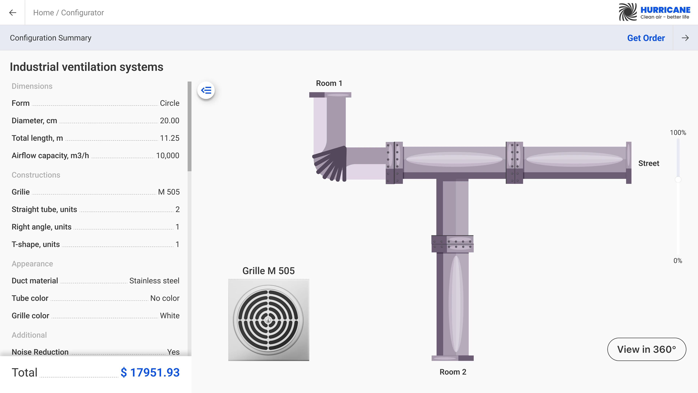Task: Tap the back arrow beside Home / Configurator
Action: (x=13, y=13)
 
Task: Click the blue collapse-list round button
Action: (x=206, y=90)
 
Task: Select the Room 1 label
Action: (x=329, y=83)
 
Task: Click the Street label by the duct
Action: (x=648, y=163)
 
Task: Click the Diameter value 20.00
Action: (x=169, y=121)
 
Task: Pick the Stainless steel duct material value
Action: (x=154, y=281)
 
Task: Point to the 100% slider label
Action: (x=678, y=133)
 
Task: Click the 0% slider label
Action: (x=678, y=261)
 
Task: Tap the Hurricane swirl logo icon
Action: (x=627, y=12)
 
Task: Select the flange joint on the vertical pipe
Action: (x=452, y=244)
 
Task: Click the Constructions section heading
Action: (x=36, y=175)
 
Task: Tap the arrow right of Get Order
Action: (x=685, y=38)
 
